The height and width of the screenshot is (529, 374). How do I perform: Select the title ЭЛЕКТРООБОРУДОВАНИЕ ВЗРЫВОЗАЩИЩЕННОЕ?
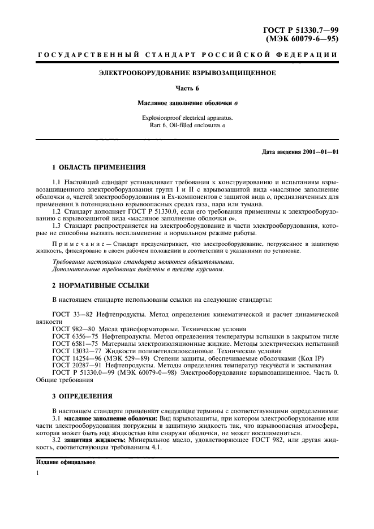[x=187, y=73]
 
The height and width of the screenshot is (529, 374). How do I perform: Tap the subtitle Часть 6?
[x=187, y=88]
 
